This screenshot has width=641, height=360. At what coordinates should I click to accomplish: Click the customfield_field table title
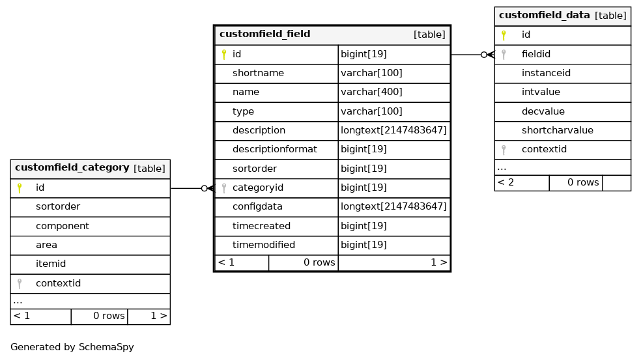point(265,34)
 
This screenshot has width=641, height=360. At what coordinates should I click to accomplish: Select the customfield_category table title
point(72,167)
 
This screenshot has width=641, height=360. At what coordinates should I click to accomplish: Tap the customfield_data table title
point(544,15)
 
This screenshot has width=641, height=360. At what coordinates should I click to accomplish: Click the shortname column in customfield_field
point(258,73)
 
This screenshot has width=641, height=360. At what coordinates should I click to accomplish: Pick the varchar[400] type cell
point(371,92)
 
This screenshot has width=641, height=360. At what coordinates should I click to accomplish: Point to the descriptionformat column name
point(275,149)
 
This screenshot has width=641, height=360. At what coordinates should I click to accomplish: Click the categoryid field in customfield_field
point(257,187)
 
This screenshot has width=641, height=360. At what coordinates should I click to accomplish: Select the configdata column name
point(257,206)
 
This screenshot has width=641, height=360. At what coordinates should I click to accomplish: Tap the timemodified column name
point(264,245)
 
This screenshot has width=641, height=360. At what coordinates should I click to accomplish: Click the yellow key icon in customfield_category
point(19,188)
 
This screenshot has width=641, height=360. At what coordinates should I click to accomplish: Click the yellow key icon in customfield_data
point(504,35)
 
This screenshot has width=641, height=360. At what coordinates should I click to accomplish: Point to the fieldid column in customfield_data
point(535,54)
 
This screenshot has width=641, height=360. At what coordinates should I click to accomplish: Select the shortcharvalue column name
point(557,130)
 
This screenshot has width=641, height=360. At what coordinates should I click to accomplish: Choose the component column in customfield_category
point(62,226)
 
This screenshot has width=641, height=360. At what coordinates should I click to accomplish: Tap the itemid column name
point(51,264)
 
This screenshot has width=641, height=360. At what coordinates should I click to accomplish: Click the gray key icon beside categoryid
point(223,188)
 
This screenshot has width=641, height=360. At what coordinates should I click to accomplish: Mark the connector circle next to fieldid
point(484,54)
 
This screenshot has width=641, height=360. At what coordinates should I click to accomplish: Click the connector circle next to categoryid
point(205,188)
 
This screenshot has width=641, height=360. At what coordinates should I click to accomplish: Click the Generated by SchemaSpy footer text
point(72,347)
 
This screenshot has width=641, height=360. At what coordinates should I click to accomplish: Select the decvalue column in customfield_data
point(543,111)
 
